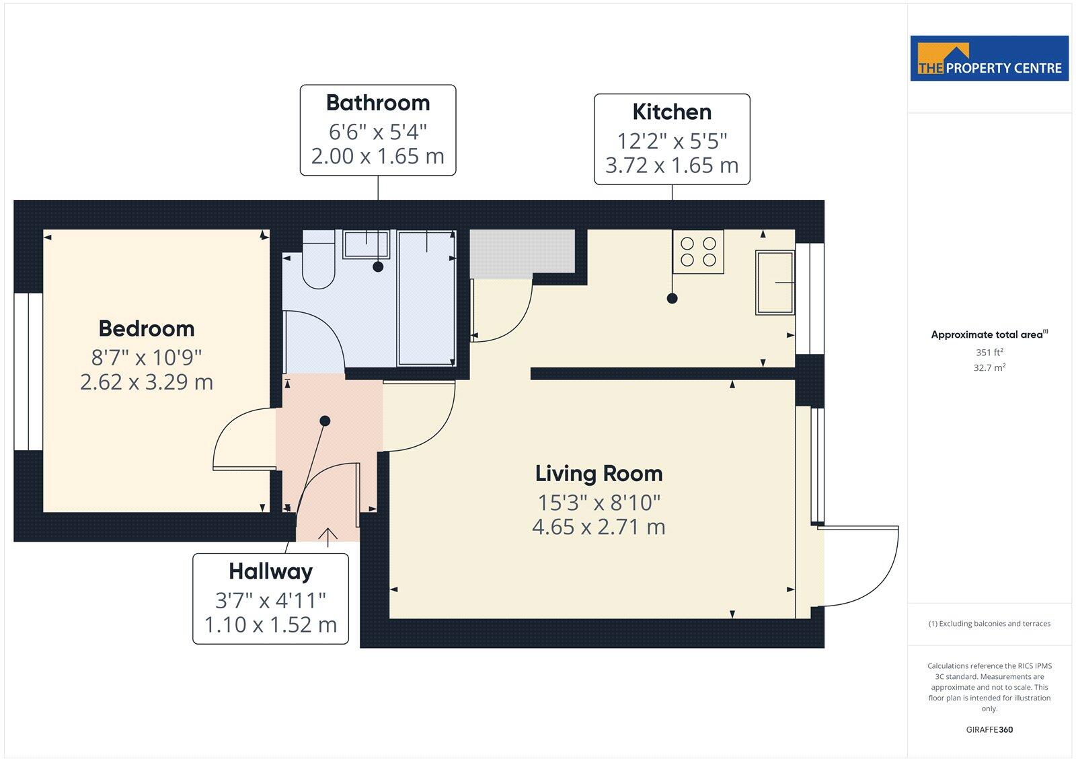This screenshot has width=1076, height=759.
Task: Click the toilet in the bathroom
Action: (318, 261)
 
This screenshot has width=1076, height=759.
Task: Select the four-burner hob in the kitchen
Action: (698, 252)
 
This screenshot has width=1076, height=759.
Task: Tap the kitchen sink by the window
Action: (775, 282)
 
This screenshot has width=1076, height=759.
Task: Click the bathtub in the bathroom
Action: (426, 297)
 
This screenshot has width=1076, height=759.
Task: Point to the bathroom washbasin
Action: (367, 244)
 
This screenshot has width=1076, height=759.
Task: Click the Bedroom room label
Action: (147, 328)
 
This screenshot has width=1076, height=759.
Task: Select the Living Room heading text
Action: (599, 474)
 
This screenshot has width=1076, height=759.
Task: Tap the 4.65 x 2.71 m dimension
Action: (599, 527)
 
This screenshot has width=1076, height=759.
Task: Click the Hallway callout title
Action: (270, 571)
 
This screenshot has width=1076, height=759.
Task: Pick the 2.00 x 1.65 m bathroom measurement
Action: (377, 156)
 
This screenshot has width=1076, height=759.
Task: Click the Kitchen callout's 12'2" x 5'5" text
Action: (672, 141)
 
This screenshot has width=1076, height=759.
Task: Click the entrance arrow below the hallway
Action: (328, 535)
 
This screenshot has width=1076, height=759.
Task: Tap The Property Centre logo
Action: (989, 59)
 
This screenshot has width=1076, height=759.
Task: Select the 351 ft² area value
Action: (989, 352)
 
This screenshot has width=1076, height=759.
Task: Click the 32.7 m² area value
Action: (989, 368)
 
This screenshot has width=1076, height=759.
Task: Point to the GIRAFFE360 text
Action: (989, 729)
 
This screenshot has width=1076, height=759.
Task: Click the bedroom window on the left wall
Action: (28, 371)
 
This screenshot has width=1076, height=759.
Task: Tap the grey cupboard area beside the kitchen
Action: (522, 251)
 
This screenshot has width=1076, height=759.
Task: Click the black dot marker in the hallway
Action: (325, 421)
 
